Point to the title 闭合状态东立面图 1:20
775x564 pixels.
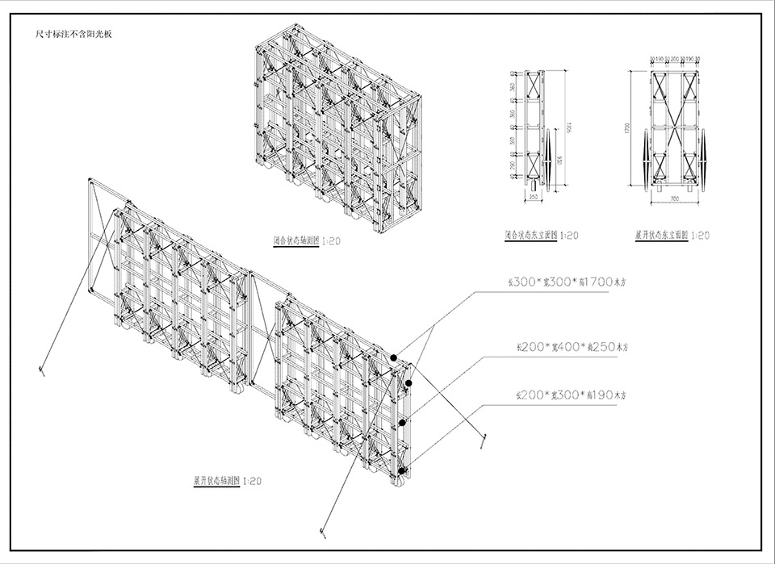point(541,236)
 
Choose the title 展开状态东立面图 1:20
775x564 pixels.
point(672,236)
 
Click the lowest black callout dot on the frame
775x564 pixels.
point(401,470)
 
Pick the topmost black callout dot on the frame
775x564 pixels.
point(393,357)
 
